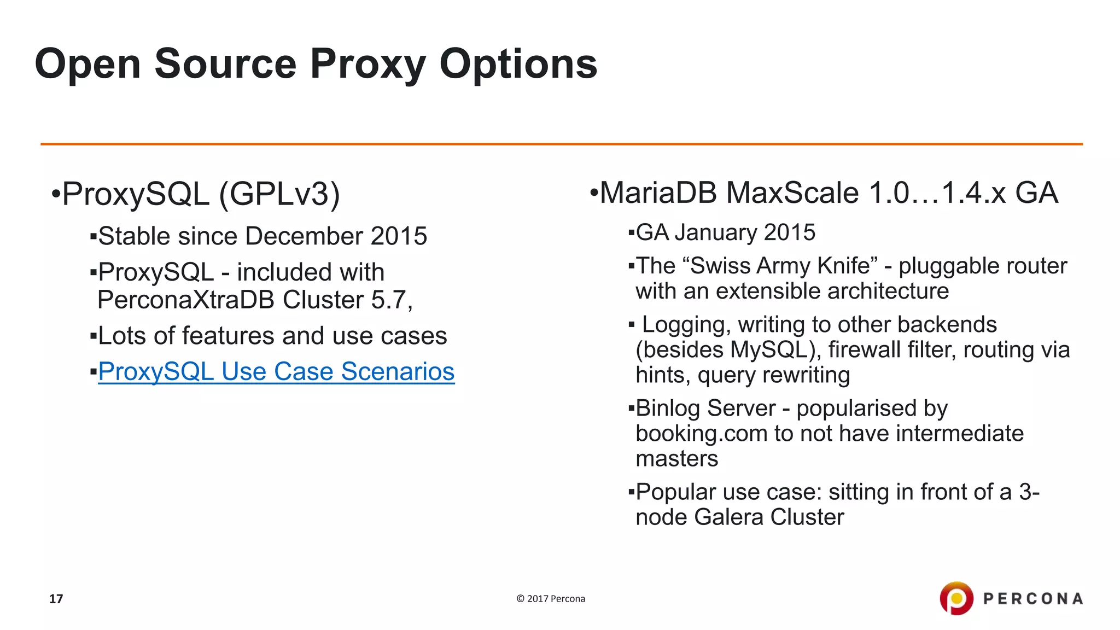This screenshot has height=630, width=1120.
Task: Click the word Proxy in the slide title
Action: [367, 65]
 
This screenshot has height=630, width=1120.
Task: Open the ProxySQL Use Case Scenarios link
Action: [276, 372]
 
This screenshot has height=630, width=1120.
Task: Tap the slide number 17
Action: [56, 599]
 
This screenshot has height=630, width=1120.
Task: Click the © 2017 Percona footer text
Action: [551, 599]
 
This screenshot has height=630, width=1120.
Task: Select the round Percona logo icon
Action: [956, 598]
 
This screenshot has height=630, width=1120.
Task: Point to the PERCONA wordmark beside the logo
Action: [1033, 599]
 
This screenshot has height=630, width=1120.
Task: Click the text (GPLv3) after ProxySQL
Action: [279, 194]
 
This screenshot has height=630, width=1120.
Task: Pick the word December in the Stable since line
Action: [304, 236]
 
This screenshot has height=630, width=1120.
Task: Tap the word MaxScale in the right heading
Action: [792, 193]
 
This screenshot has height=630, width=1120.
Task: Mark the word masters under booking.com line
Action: [676, 459]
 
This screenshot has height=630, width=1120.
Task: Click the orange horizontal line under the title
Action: [561, 144]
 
